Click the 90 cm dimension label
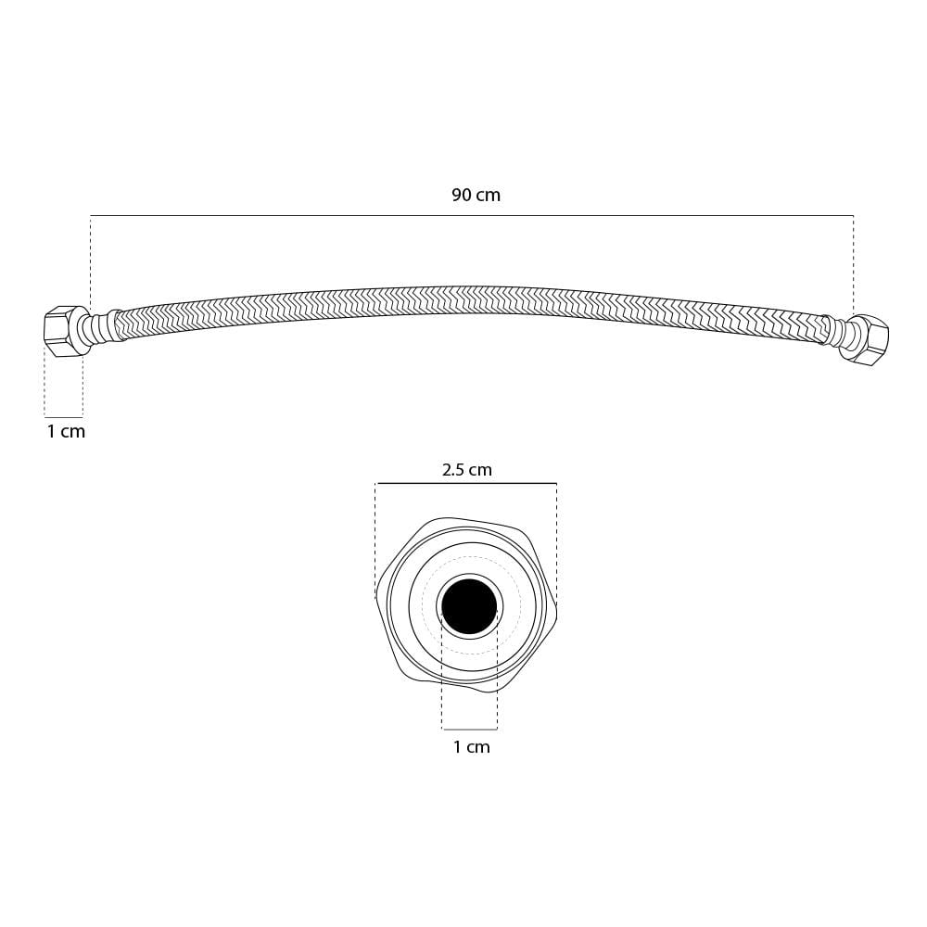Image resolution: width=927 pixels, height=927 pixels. point(476,195)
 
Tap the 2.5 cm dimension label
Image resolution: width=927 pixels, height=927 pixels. point(467,470)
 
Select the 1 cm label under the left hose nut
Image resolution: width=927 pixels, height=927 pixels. point(66,432)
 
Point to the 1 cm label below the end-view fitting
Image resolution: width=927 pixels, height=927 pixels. point(472,747)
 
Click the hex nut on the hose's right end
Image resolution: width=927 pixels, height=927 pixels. point(864,340)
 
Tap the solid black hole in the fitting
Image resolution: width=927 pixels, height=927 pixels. point(469,606)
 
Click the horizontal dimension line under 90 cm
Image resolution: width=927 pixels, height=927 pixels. point(472,215)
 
